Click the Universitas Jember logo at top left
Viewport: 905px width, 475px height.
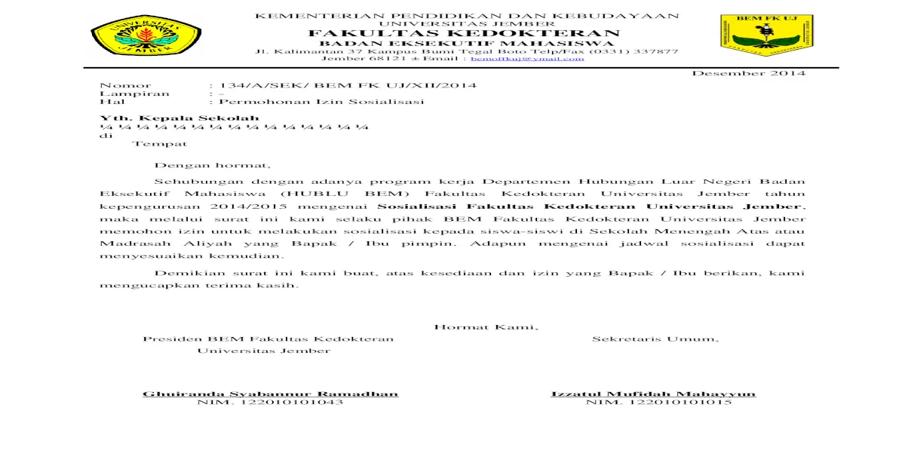(x=146, y=35)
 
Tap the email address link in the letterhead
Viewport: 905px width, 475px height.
(x=527, y=58)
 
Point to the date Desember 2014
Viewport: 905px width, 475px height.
(x=749, y=73)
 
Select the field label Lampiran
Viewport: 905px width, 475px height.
(x=135, y=93)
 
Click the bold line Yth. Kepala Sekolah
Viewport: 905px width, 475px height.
(x=180, y=118)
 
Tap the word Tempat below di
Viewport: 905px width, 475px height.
(x=160, y=143)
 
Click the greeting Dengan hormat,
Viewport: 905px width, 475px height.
(x=212, y=165)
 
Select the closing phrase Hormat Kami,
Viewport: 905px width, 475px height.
(x=486, y=326)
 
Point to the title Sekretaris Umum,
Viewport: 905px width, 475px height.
(x=655, y=339)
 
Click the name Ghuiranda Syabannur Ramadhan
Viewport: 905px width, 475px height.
(x=270, y=394)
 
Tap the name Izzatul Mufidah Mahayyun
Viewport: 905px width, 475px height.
(x=653, y=394)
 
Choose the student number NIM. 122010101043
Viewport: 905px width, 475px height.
(x=270, y=403)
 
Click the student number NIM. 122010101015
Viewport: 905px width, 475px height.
(x=658, y=403)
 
